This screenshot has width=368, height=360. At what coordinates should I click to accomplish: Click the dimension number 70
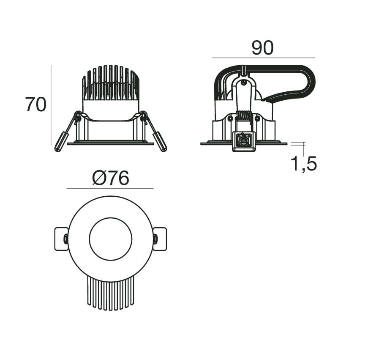[x=35, y=104]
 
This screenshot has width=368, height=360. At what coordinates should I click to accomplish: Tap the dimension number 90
[x=263, y=48]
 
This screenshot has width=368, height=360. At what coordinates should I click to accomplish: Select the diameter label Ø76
[x=111, y=178]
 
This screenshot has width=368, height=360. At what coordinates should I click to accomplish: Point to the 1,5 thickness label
[x=304, y=164]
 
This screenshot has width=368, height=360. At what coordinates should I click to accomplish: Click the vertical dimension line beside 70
[x=51, y=105]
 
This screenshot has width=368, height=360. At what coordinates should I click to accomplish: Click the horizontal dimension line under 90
[x=263, y=58]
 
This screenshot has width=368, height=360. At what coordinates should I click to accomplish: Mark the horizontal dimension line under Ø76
[x=110, y=188]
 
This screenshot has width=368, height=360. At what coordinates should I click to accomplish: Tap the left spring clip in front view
[x=66, y=132]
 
